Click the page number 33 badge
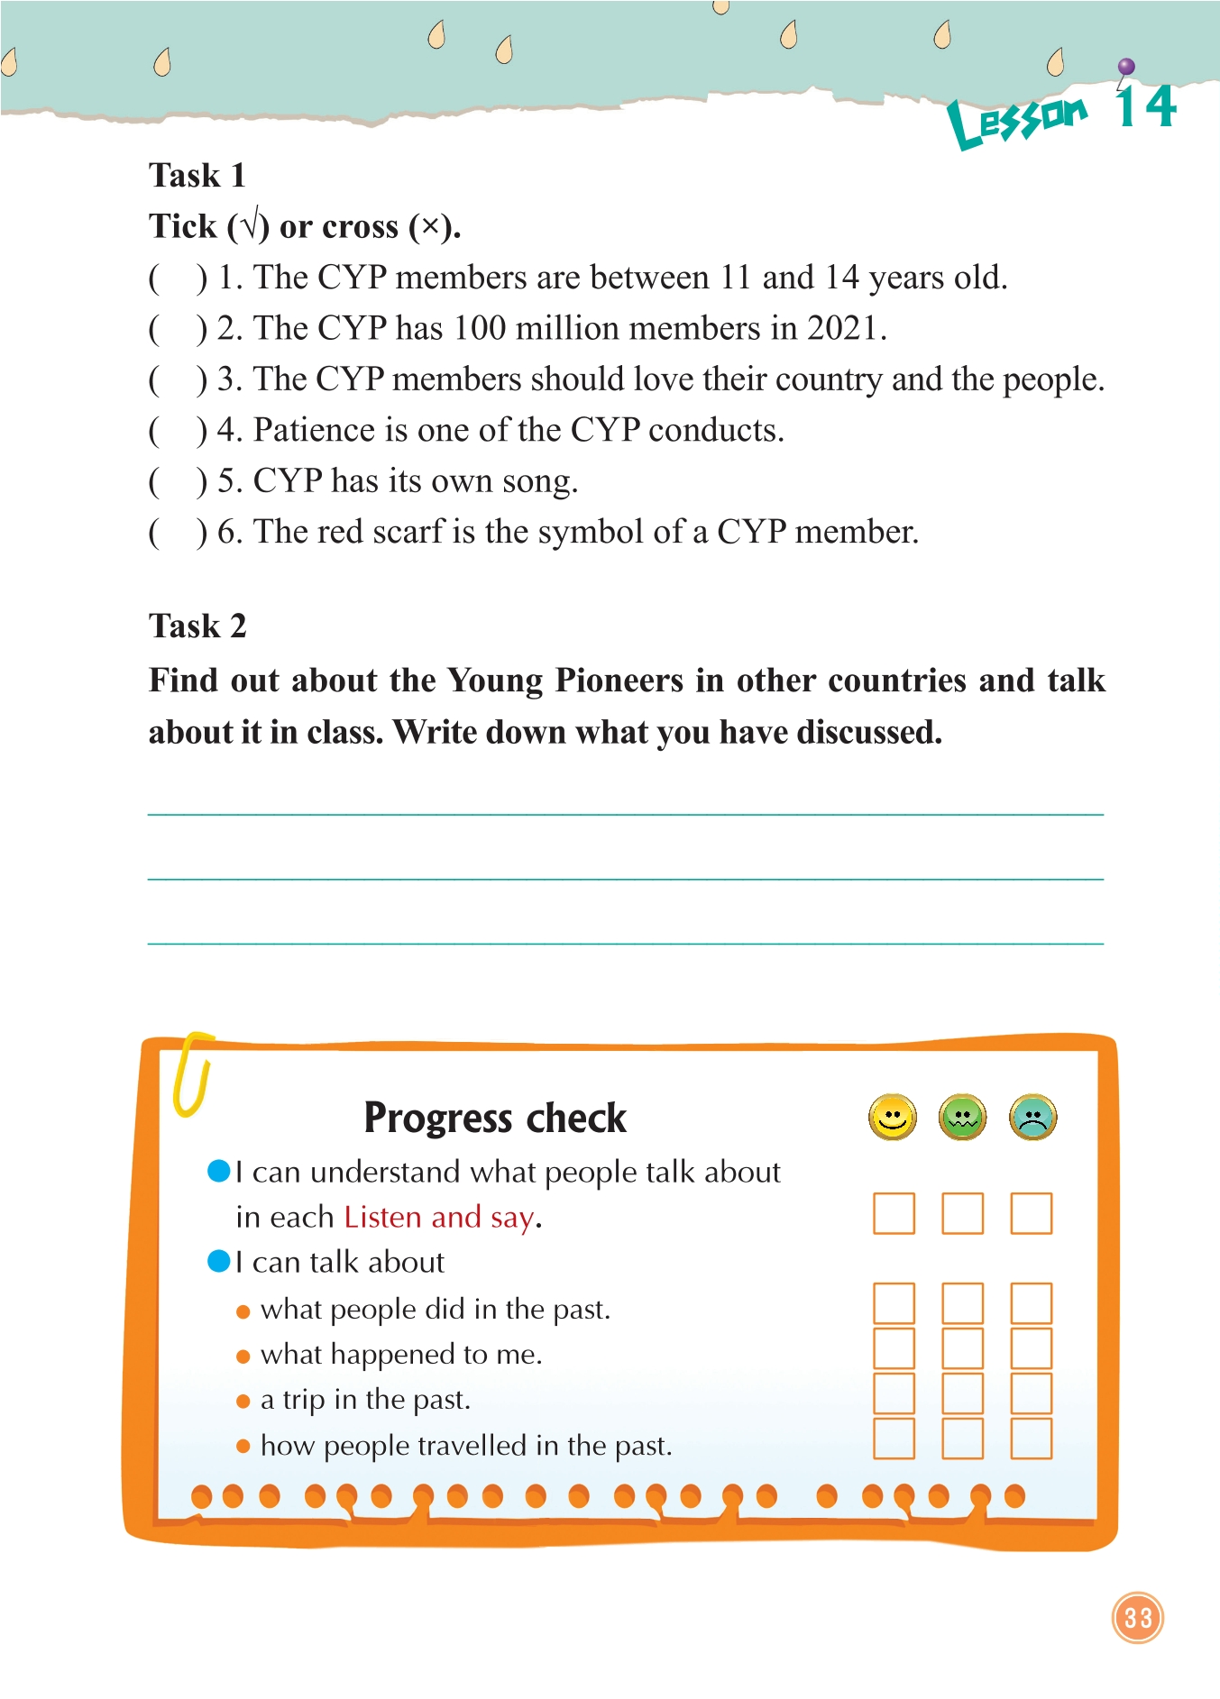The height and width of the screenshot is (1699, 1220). (x=1137, y=1617)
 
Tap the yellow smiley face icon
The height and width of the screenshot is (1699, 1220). (x=892, y=1118)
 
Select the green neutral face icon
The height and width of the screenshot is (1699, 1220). (x=962, y=1118)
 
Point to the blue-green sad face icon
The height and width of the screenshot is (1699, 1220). (x=1032, y=1118)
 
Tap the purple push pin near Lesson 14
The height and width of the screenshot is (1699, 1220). (x=1125, y=68)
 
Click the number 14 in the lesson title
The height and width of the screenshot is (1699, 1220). (x=1145, y=107)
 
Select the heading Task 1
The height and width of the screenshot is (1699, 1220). (x=197, y=175)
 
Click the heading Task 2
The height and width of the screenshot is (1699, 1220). (x=197, y=626)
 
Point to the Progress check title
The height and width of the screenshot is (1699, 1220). (x=494, y=1118)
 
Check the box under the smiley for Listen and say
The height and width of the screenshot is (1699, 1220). (x=894, y=1213)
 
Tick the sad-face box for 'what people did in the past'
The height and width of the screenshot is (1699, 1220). (x=1031, y=1303)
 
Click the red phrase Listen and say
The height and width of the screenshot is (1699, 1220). (x=439, y=1218)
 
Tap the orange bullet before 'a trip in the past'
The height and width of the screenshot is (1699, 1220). (x=243, y=1402)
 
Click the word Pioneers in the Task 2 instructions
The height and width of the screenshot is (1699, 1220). (x=619, y=681)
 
